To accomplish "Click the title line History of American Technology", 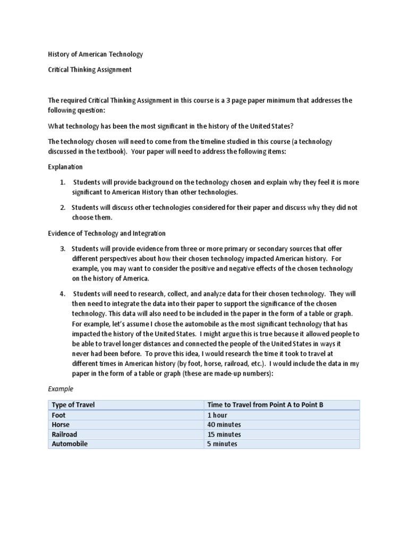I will pyautogui.click(x=96, y=54).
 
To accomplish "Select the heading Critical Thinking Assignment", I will pyautogui.click(x=90, y=70).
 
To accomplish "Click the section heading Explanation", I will pyautogui.click(x=65, y=167).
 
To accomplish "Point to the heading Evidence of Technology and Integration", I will pyautogui.click(x=107, y=233).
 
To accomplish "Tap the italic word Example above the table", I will pyautogui.click(x=61, y=389).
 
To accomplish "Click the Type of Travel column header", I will pyautogui.click(x=73, y=405).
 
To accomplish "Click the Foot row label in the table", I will pyautogui.click(x=57, y=415).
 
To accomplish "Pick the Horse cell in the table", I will pyautogui.click(x=60, y=425).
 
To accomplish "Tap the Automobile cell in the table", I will pyautogui.click(x=69, y=444).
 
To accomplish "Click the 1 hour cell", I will pyautogui.click(x=218, y=415).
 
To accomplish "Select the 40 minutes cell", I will pyautogui.click(x=224, y=425).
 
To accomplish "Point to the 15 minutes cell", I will pyautogui.click(x=224, y=435).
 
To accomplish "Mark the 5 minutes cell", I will pyautogui.click(x=222, y=444).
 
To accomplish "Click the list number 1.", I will pyautogui.click(x=62, y=182).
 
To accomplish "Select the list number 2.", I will pyautogui.click(x=62, y=208).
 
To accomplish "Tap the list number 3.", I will pyautogui.click(x=62, y=249).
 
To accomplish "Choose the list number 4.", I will pyautogui.click(x=62, y=294).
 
